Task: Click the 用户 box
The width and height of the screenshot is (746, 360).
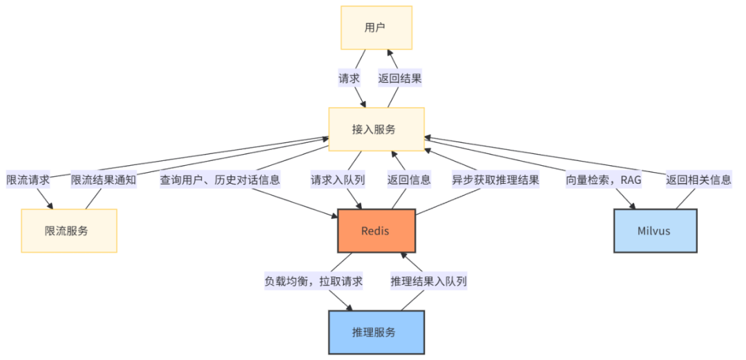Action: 376,28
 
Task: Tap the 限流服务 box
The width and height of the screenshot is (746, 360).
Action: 69,231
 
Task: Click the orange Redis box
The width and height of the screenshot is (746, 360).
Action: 376,231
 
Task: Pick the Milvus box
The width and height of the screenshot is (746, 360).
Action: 656,231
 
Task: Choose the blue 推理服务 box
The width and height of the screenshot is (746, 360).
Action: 376,332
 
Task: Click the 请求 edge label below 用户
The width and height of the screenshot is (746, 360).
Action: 349,78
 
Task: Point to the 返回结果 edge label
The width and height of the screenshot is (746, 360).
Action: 400,78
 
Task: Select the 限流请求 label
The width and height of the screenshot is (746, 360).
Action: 28,180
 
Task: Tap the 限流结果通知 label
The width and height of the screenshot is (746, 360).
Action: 104,180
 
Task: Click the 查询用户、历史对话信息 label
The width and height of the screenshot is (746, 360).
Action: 220,180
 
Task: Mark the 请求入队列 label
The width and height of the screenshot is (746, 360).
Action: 338,180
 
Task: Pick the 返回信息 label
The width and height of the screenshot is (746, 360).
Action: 409,180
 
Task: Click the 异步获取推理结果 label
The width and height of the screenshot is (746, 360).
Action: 495,180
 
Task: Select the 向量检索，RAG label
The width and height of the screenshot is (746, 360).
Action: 603,180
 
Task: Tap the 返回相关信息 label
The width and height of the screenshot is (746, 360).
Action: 698,180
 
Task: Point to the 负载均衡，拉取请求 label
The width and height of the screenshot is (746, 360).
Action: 314,282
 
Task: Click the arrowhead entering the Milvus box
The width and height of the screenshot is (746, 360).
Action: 633,205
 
